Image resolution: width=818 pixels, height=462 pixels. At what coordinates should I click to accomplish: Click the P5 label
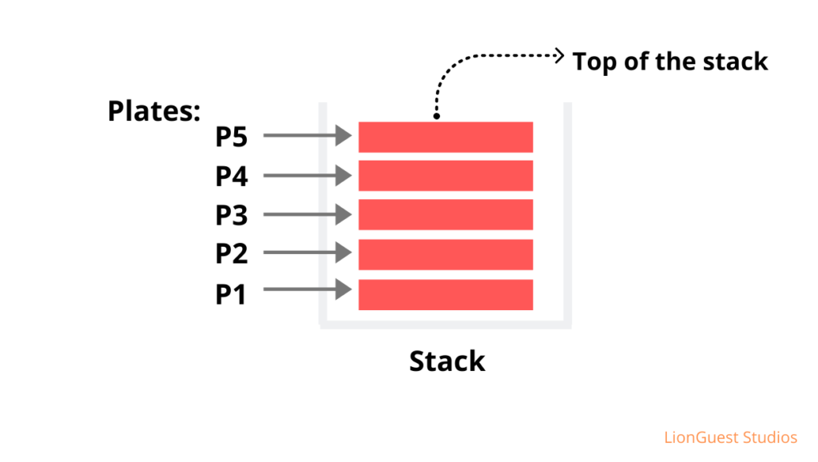coord(232,137)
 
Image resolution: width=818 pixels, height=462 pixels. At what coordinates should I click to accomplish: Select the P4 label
coord(232,177)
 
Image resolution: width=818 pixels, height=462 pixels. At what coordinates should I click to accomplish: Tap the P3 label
coord(232,216)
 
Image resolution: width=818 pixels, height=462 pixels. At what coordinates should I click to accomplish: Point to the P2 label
coord(232,254)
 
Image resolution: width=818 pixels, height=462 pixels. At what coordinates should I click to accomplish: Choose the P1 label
coord(232,294)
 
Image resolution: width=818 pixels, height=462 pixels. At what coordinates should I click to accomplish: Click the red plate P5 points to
coord(445,137)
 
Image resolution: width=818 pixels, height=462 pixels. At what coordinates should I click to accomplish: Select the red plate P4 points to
coord(445,176)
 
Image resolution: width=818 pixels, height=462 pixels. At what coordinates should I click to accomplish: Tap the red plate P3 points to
coord(445,215)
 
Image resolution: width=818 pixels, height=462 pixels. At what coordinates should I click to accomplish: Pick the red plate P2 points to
coord(445,254)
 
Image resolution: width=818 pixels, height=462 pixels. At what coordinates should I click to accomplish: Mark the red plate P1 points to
coord(445,294)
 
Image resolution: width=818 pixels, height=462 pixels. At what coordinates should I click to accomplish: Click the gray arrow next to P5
coord(308,136)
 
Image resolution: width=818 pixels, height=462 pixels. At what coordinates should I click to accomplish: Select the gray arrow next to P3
coord(308,214)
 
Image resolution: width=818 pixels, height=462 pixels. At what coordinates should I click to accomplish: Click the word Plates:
coord(153,111)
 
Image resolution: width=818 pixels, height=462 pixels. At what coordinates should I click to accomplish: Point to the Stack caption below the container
coord(447,361)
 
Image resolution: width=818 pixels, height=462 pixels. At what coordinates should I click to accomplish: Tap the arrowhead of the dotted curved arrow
coord(560,55)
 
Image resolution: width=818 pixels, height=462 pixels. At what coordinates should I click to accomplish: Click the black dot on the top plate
coord(436,117)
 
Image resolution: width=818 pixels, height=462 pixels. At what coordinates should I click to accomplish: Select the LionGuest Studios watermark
coord(730,437)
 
